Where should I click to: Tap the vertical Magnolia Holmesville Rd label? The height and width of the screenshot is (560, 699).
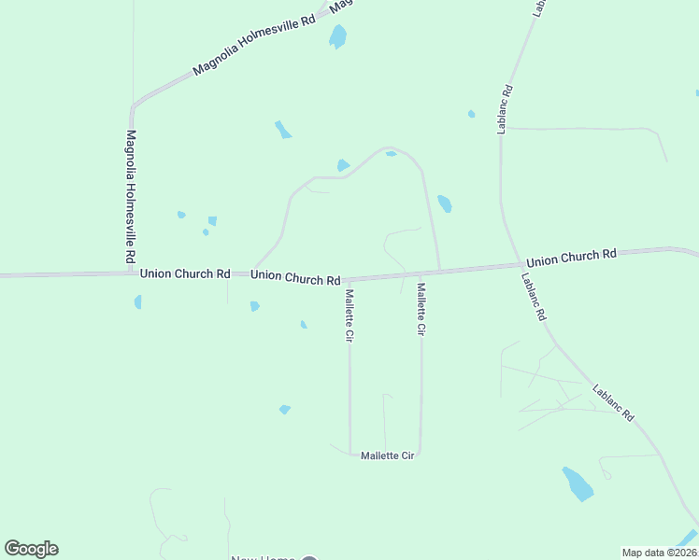click(x=132, y=196)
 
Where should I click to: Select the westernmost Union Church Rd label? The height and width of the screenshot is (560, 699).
click(x=185, y=274)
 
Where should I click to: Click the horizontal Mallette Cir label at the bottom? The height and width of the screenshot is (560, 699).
click(x=387, y=455)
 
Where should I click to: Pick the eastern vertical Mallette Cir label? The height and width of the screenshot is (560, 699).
click(x=421, y=310)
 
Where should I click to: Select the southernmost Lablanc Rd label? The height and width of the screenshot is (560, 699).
click(x=613, y=402)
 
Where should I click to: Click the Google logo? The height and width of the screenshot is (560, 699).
click(x=31, y=549)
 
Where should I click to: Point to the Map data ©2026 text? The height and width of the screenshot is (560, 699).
click(x=660, y=553)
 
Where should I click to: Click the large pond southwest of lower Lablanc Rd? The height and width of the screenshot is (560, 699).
click(x=578, y=484)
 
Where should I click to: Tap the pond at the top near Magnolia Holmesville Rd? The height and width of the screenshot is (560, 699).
click(x=337, y=36)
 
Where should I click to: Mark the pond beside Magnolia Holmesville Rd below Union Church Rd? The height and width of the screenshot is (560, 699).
click(x=138, y=301)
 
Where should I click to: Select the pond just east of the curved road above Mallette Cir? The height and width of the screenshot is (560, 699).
click(x=445, y=203)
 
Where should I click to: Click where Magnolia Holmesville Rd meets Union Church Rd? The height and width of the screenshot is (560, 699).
click(x=132, y=273)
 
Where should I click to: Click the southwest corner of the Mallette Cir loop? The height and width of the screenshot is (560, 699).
click(x=350, y=455)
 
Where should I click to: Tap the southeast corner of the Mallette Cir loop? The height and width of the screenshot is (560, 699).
click(x=421, y=454)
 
